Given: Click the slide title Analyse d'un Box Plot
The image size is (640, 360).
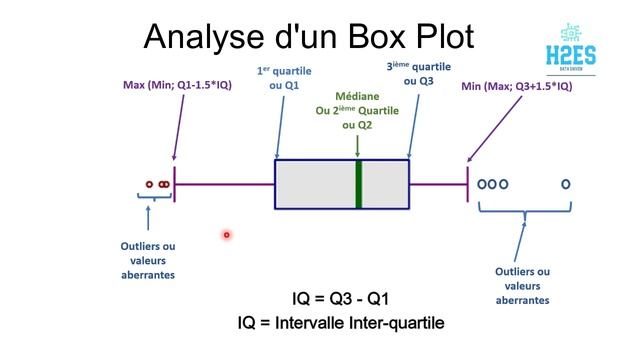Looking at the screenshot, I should coord(308,36).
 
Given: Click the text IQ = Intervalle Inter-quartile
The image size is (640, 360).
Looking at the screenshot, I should coord(341,323).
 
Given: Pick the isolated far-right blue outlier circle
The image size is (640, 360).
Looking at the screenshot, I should coord(566,184).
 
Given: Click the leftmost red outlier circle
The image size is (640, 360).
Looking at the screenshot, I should coord(149,184).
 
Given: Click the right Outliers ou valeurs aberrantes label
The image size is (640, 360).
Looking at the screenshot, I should coord(522,284).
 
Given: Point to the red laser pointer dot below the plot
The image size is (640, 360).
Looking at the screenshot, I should coord(227,235).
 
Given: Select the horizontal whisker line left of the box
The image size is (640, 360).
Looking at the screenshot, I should coord(225,184).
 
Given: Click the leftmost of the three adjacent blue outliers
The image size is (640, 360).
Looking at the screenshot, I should coord(481,184).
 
